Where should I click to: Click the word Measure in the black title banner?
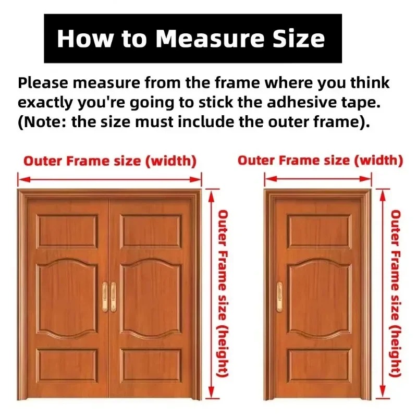click(x=210, y=38)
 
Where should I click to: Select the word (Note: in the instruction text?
click(x=42, y=122)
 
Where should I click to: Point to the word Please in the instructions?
click(x=43, y=83)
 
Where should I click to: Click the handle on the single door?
click(x=279, y=297)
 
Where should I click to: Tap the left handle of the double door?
click(x=105, y=297)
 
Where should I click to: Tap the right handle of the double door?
click(x=114, y=297)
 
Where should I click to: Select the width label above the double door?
click(x=110, y=161)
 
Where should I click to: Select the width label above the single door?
click(x=320, y=161)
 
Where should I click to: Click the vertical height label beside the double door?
click(x=223, y=293)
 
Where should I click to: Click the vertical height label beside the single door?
click(x=395, y=293)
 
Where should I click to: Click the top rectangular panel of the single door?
click(x=320, y=231)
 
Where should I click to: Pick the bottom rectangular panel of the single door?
click(x=320, y=365)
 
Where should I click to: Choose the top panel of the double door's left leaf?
click(x=67, y=231)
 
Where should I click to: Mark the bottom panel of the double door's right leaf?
click(x=151, y=365)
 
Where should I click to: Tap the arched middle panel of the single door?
click(x=320, y=298)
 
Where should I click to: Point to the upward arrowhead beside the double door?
click(x=211, y=197)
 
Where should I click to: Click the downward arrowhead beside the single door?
click(x=383, y=391)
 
